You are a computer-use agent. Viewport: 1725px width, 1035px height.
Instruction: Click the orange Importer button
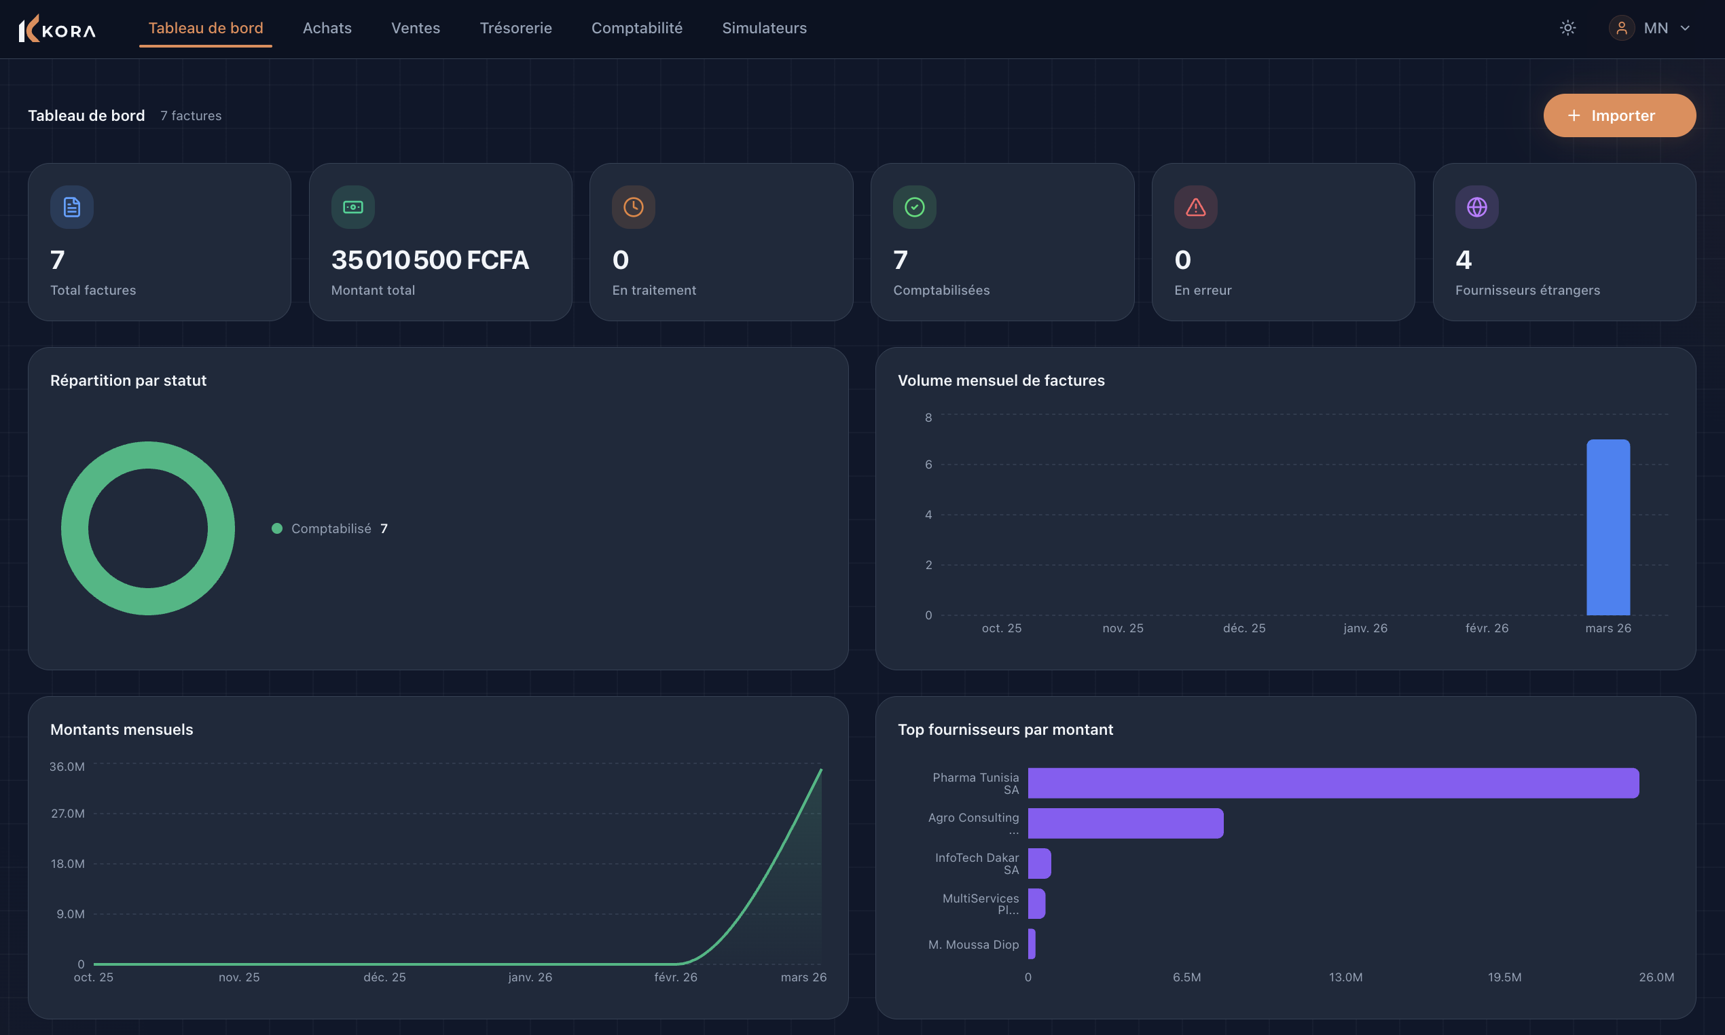point(1618,115)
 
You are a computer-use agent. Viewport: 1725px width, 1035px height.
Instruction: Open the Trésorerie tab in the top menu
point(515,28)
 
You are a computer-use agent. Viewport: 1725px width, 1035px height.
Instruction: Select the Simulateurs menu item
point(763,28)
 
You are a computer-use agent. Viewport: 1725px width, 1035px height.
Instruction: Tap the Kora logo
point(57,29)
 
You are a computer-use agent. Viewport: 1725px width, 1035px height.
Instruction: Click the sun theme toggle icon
point(1567,28)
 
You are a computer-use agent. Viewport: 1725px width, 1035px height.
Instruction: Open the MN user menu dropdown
point(1650,28)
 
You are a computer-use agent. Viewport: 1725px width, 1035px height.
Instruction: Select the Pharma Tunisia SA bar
point(1332,782)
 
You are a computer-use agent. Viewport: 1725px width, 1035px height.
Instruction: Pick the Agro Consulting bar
point(1125,823)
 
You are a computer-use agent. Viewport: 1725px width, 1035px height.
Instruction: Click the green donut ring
point(75,528)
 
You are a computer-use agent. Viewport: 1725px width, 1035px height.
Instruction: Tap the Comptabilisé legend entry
point(331,528)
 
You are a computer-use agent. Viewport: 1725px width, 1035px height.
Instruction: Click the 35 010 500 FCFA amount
point(429,260)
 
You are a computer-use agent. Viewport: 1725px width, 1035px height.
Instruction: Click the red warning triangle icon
point(1195,207)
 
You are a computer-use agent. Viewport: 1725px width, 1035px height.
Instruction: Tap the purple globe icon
point(1476,207)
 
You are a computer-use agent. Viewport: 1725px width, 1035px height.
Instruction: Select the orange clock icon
point(633,207)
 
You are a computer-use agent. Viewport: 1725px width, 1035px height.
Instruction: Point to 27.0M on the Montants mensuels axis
point(68,813)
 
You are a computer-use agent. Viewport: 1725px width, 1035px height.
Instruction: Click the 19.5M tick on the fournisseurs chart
point(1504,977)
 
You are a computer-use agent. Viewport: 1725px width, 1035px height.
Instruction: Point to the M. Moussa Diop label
point(973,944)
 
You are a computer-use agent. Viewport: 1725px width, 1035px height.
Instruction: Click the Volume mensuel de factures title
point(1000,380)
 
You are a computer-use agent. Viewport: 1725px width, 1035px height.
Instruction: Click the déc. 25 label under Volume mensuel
point(1243,628)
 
